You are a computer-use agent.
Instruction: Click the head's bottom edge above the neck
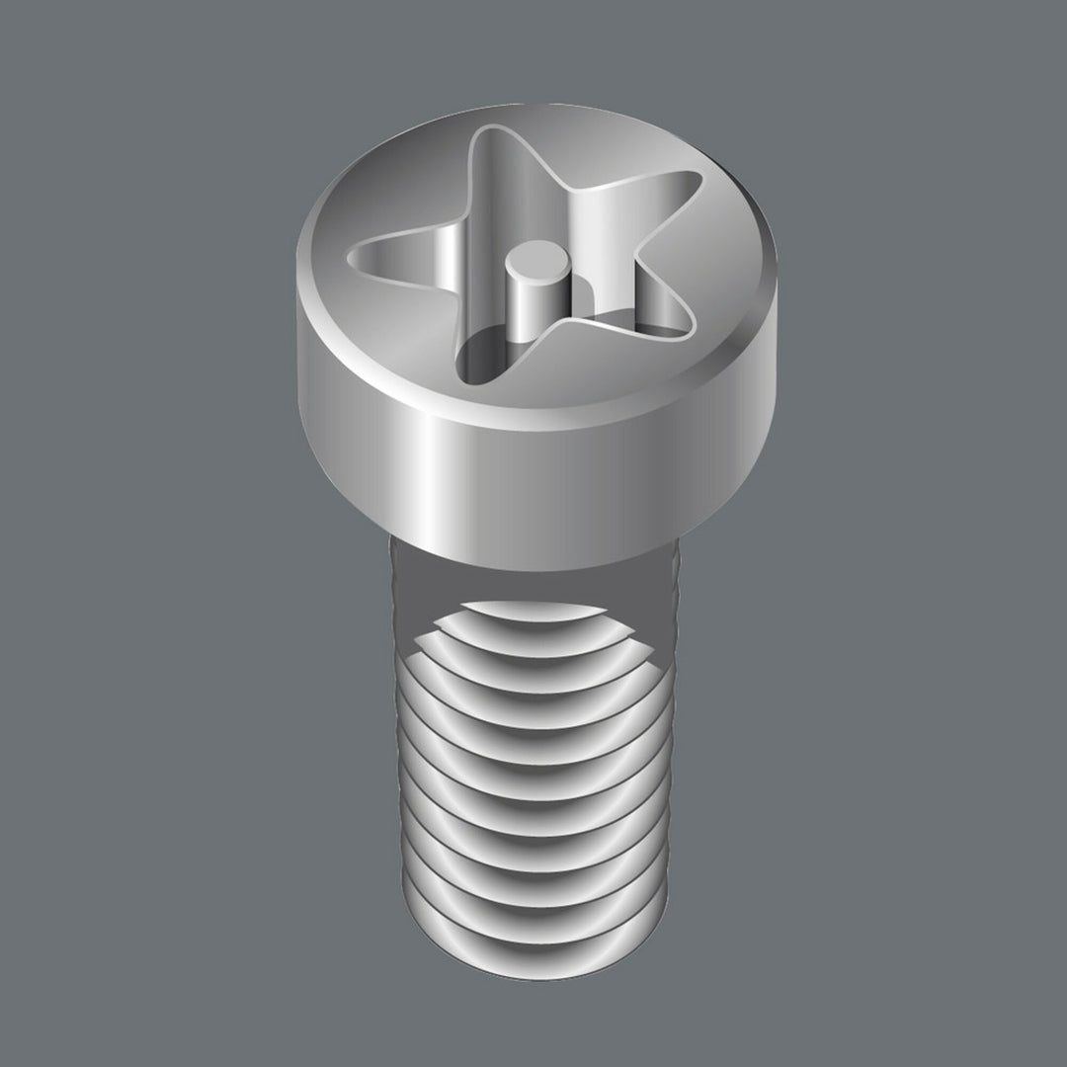coord(533,563)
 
